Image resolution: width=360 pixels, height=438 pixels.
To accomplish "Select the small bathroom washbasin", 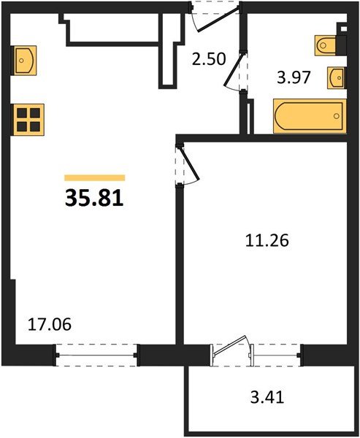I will (x=337, y=76).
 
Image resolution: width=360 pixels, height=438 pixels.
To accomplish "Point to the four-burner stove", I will (x=28, y=118).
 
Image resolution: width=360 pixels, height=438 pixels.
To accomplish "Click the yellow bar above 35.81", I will (x=95, y=177).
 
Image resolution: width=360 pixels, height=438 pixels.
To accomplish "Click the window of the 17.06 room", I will (x=97, y=356).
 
